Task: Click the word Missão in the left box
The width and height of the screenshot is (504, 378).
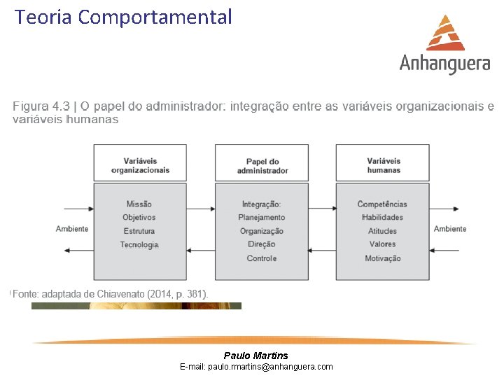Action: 139,204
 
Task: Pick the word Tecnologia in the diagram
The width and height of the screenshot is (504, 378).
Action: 139,244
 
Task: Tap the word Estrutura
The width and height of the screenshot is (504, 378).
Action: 139,231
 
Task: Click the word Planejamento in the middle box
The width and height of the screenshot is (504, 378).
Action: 262,218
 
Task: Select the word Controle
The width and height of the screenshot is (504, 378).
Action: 262,258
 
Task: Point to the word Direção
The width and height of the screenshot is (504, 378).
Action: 262,244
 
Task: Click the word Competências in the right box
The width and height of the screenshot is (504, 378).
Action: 382,204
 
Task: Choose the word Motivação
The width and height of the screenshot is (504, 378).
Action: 383,258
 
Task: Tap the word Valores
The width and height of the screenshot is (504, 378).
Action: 383,244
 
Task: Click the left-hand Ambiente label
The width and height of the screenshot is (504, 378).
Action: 72,229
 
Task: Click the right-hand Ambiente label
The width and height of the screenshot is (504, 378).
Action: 450,229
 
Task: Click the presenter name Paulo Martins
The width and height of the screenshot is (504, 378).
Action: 255,356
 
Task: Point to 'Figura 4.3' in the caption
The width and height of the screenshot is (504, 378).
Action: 41,106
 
